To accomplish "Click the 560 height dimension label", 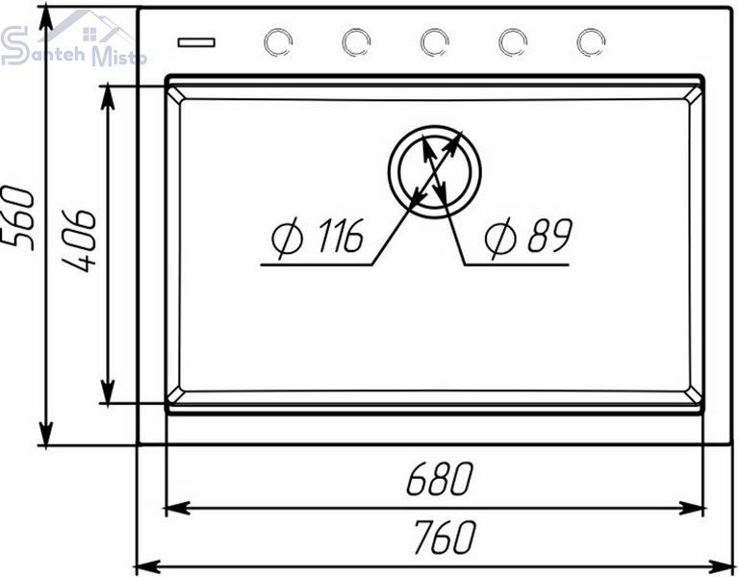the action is click(x=19, y=218).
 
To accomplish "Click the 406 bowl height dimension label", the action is click(x=79, y=240).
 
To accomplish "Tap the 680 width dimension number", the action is click(x=439, y=479).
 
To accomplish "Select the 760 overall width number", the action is click(x=445, y=537).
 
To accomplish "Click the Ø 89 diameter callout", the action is click(x=529, y=237).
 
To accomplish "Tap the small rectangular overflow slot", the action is click(x=196, y=43).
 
